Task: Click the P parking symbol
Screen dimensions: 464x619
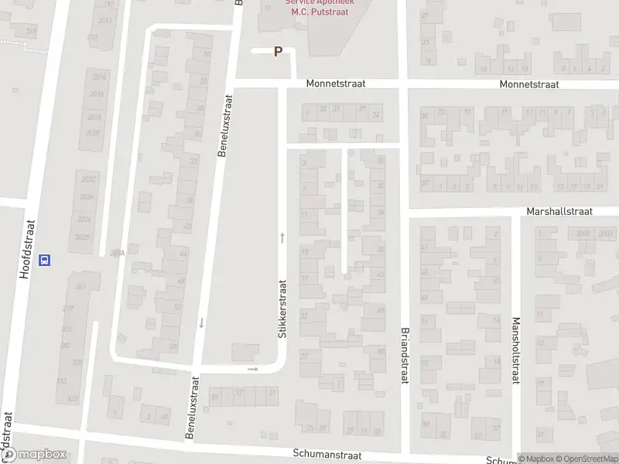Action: [279, 52]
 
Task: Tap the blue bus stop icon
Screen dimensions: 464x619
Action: [45, 260]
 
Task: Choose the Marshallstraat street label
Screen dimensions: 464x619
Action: [559, 210]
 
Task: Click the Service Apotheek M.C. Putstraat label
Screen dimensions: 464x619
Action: [315, 7]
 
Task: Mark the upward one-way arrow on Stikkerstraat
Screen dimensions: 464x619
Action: [282, 237]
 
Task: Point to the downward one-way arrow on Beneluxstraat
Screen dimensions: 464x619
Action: [201, 322]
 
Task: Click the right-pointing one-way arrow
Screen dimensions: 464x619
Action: [253, 369]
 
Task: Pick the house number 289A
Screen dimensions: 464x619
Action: [117, 253]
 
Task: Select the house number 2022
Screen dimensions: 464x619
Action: [85, 179]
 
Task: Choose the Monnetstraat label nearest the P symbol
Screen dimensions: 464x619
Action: [335, 83]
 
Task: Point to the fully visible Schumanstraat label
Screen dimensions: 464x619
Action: [329, 453]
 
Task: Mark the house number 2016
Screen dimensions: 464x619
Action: [97, 94]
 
